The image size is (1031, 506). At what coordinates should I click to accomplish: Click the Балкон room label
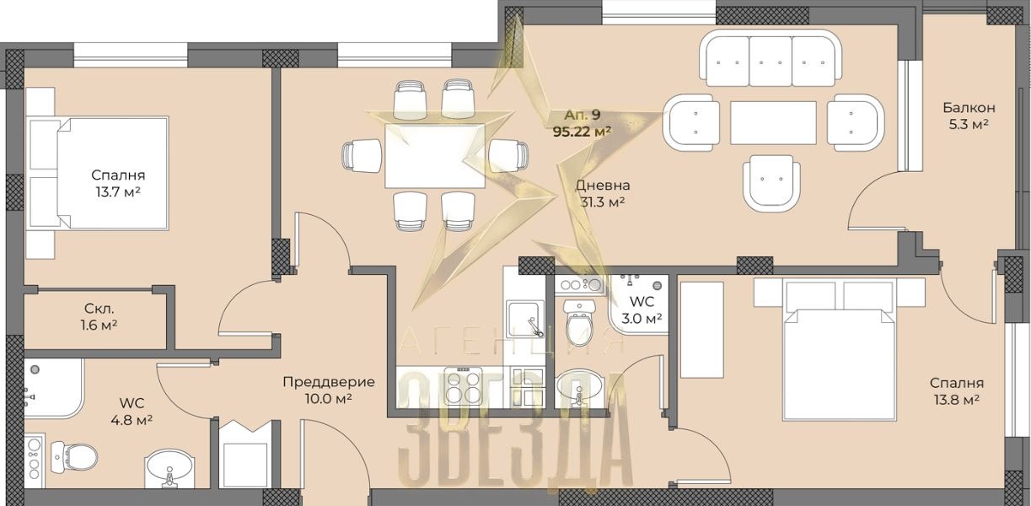969,108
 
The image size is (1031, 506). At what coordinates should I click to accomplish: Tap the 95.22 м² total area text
582,132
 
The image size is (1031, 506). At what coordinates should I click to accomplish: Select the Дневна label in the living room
603,186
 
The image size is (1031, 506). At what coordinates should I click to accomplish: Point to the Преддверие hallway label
329,382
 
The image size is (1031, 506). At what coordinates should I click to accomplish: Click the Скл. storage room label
99,309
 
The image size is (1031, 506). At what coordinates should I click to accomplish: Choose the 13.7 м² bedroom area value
118,191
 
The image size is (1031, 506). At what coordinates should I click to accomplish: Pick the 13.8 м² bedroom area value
957,400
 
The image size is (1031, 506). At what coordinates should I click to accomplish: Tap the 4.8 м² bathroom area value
132,420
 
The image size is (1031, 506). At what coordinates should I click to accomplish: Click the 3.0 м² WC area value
642,318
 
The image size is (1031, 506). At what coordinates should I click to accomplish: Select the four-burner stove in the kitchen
464,386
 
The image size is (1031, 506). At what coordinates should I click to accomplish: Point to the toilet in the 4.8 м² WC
73,457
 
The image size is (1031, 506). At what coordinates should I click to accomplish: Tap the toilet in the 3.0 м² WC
579,322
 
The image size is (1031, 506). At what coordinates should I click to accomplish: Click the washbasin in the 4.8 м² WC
169,469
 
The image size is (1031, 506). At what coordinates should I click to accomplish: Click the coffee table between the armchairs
773,123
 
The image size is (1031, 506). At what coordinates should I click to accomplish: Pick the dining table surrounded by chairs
435,156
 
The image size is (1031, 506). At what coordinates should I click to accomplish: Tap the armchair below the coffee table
771,183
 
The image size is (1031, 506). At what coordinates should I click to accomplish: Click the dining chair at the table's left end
362,156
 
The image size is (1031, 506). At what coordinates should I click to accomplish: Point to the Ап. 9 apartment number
583,115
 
